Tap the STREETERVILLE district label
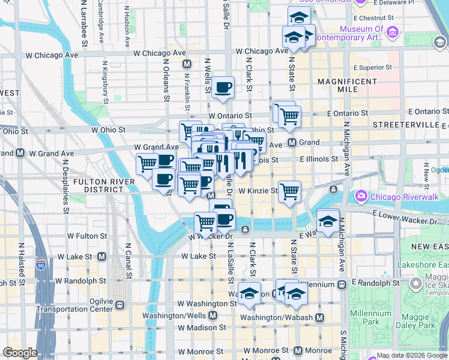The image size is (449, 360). point(406,124)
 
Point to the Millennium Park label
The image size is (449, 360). point(372,317)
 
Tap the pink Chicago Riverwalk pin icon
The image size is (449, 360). point(361,196)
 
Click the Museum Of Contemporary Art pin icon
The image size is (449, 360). point(392,32)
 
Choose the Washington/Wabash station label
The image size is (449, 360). point(277,317)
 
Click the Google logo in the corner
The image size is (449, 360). point(20,353)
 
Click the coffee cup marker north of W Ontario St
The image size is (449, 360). point(223,88)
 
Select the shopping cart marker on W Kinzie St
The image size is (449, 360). point(289,191)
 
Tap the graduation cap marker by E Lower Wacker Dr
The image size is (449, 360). point(328,221)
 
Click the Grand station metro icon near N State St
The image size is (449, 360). point(292,143)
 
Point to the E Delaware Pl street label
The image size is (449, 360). point(394,3)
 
